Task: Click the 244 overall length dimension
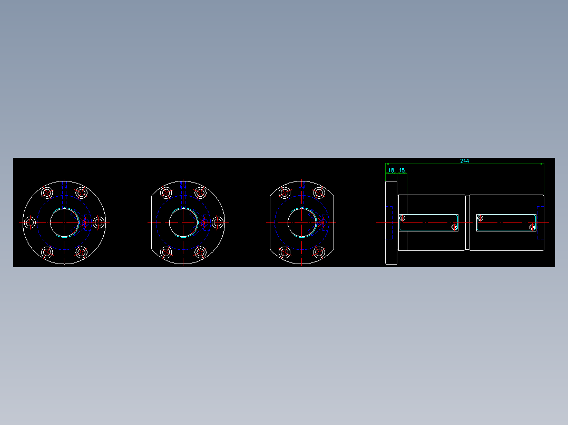(x=464, y=161)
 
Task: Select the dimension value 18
(x=391, y=170)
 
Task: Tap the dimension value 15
(x=402, y=170)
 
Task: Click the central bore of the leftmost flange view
(x=64, y=222)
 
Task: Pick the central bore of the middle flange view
(x=183, y=222)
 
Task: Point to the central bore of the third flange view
(x=301, y=222)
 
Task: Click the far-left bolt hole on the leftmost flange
(x=30, y=222)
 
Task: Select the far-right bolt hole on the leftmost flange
(x=99, y=222)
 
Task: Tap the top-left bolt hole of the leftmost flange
(x=47, y=193)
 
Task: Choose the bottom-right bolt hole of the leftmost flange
(x=81, y=252)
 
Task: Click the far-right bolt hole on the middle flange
(x=217, y=222)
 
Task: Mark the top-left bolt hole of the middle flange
(x=166, y=193)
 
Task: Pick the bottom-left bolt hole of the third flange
(x=285, y=252)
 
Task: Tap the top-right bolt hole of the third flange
(x=318, y=193)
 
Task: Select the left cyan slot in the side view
(x=429, y=222)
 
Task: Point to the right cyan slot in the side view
(x=506, y=222)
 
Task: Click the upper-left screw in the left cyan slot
(x=403, y=218)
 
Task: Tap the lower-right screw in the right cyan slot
(x=532, y=227)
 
